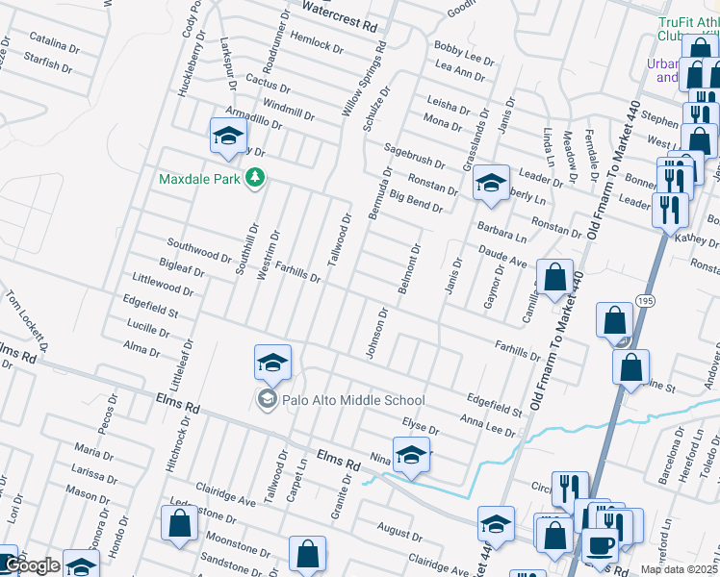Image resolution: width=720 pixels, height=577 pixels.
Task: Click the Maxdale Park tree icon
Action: coord(255,178)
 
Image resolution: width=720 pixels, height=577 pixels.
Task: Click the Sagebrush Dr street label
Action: coord(415,157)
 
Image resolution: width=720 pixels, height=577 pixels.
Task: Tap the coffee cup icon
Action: coord(603,545)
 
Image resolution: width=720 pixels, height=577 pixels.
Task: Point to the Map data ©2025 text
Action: coord(679,569)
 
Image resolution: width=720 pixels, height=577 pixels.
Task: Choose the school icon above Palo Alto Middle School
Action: coord(272,363)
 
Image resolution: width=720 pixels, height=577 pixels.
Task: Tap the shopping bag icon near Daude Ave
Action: coord(554,278)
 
